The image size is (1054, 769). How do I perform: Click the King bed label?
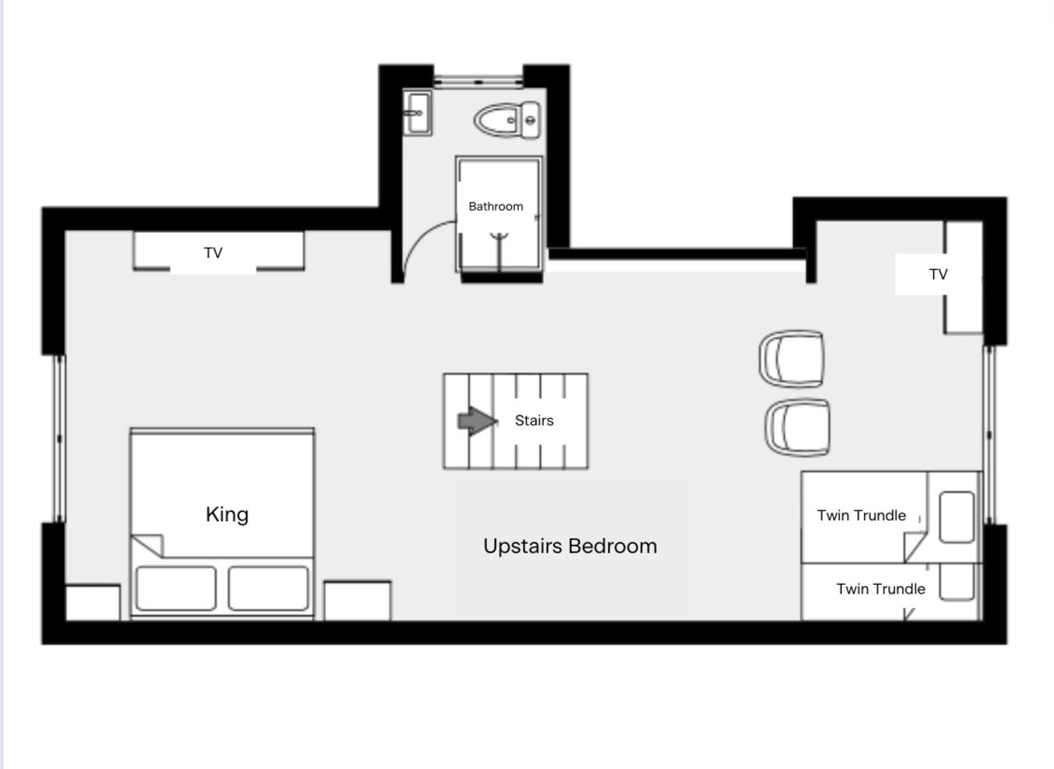(227, 514)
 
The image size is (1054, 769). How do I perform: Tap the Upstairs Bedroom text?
(569, 546)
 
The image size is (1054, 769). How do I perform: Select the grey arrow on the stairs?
(477, 421)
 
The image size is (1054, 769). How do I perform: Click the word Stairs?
(534, 421)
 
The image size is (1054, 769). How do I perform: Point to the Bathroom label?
(496, 206)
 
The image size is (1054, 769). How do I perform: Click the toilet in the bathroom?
(507, 120)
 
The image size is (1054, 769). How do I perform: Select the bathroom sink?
(417, 113)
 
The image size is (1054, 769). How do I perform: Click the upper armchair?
(791, 359)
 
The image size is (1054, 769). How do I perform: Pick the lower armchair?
(797, 427)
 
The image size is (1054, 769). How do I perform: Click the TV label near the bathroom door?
(213, 252)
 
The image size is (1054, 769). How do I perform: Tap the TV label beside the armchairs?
(938, 275)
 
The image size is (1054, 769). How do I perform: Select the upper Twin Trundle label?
(861, 515)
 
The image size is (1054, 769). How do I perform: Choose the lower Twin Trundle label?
(880, 589)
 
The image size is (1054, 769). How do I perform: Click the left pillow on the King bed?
(176, 588)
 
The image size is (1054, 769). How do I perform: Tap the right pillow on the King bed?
(268, 588)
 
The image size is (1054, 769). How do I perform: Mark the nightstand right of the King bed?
(357, 601)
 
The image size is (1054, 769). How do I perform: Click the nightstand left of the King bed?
(93, 602)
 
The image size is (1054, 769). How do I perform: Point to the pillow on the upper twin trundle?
(956, 517)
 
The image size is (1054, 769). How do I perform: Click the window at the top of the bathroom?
(478, 82)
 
